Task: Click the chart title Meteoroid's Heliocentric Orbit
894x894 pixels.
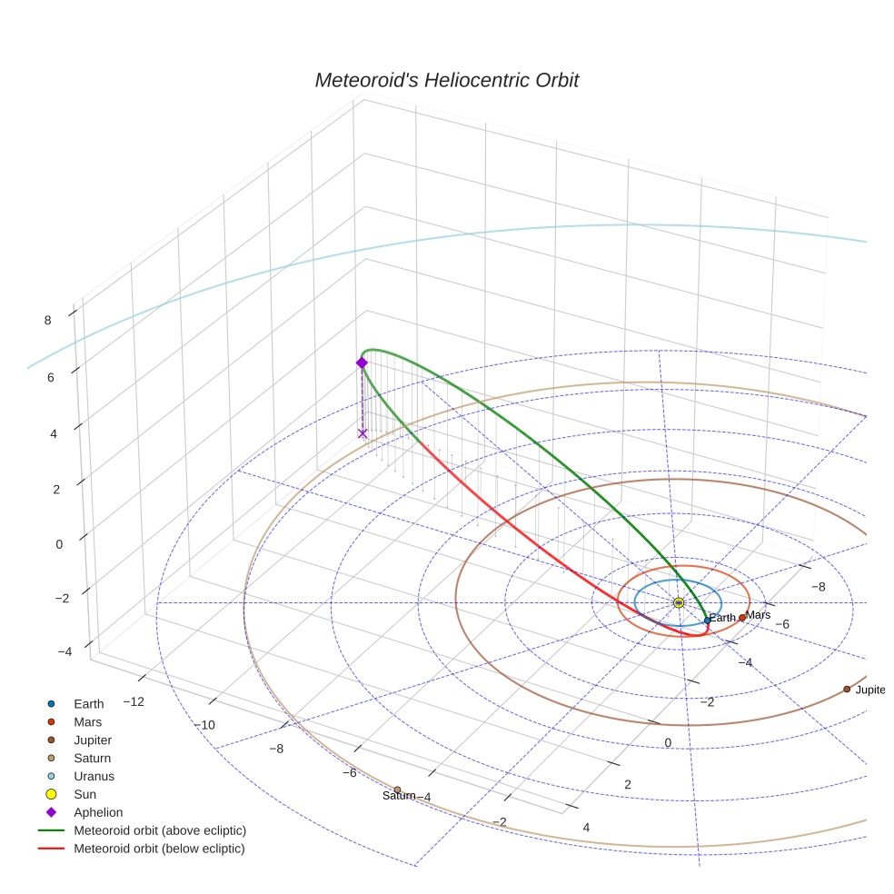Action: (x=446, y=81)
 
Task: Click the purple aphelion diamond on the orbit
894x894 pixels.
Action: (x=362, y=363)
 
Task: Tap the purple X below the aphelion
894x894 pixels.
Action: (x=363, y=433)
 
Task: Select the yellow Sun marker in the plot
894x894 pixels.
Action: (x=679, y=603)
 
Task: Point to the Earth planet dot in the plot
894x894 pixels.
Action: (x=708, y=621)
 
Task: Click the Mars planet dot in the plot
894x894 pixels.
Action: (x=742, y=618)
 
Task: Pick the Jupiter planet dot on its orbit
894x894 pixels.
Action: (x=847, y=689)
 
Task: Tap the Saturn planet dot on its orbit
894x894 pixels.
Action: (x=397, y=790)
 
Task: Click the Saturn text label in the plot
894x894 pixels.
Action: (x=399, y=797)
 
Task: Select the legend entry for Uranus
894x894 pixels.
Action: (x=94, y=776)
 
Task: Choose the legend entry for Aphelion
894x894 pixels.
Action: (x=98, y=812)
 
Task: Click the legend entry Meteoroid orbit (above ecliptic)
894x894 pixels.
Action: (x=160, y=830)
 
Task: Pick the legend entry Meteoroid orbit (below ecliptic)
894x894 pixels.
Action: (x=159, y=849)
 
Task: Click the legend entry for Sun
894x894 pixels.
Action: (x=85, y=794)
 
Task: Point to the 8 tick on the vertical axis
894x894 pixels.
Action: (x=46, y=319)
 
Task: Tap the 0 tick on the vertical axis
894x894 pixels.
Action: (x=59, y=543)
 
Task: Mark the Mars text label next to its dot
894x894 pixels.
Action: (x=758, y=615)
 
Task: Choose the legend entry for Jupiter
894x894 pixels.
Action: (x=94, y=740)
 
